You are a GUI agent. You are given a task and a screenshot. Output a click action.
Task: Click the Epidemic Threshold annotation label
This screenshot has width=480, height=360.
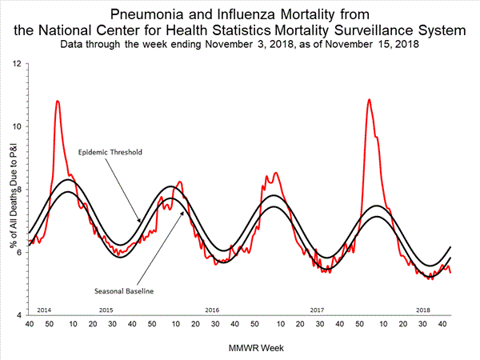click(x=110, y=151)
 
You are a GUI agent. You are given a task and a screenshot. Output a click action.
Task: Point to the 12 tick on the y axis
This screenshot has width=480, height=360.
click(x=18, y=63)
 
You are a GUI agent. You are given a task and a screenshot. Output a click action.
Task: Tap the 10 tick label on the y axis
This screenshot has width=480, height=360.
click(x=18, y=126)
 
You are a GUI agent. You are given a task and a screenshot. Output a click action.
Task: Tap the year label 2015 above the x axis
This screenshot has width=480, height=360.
click(x=106, y=308)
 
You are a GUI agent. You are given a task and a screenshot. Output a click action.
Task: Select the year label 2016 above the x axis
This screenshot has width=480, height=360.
click(x=212, y=308)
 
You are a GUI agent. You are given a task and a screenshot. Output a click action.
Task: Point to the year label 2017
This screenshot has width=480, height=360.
click(x=317, y=308)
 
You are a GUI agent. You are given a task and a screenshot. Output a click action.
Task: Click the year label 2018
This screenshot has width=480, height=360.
click(x=422, y=308)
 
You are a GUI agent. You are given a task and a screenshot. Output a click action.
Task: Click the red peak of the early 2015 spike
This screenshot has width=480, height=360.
click(x=58, y=101)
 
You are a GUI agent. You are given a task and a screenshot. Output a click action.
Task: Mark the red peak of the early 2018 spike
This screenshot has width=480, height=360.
click(x=369, y=100)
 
